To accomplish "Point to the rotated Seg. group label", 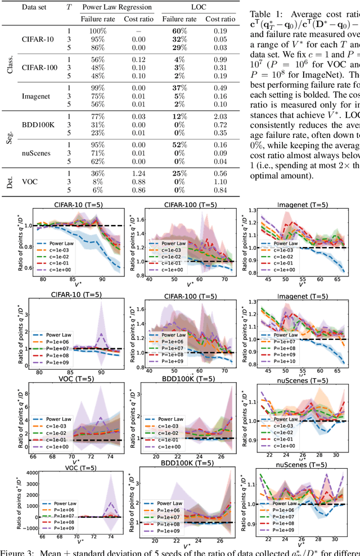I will tap(10, 140).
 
